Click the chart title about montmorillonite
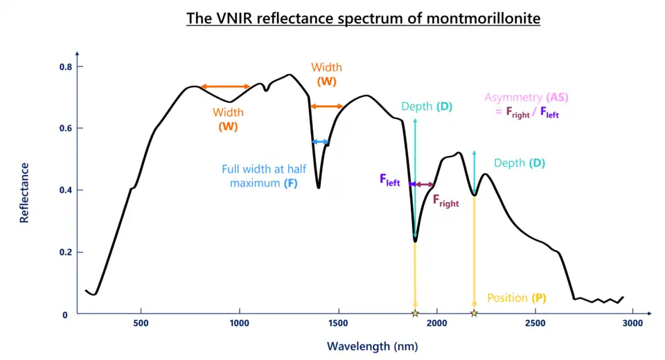363,18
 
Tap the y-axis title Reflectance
25,192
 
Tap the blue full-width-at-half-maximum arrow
320,142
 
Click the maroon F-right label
446,201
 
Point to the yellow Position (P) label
517,298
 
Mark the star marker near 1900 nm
415,314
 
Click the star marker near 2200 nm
474,314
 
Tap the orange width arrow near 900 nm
225,87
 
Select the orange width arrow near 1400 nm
326,106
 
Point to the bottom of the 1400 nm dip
319,187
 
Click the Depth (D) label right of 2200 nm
520,163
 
